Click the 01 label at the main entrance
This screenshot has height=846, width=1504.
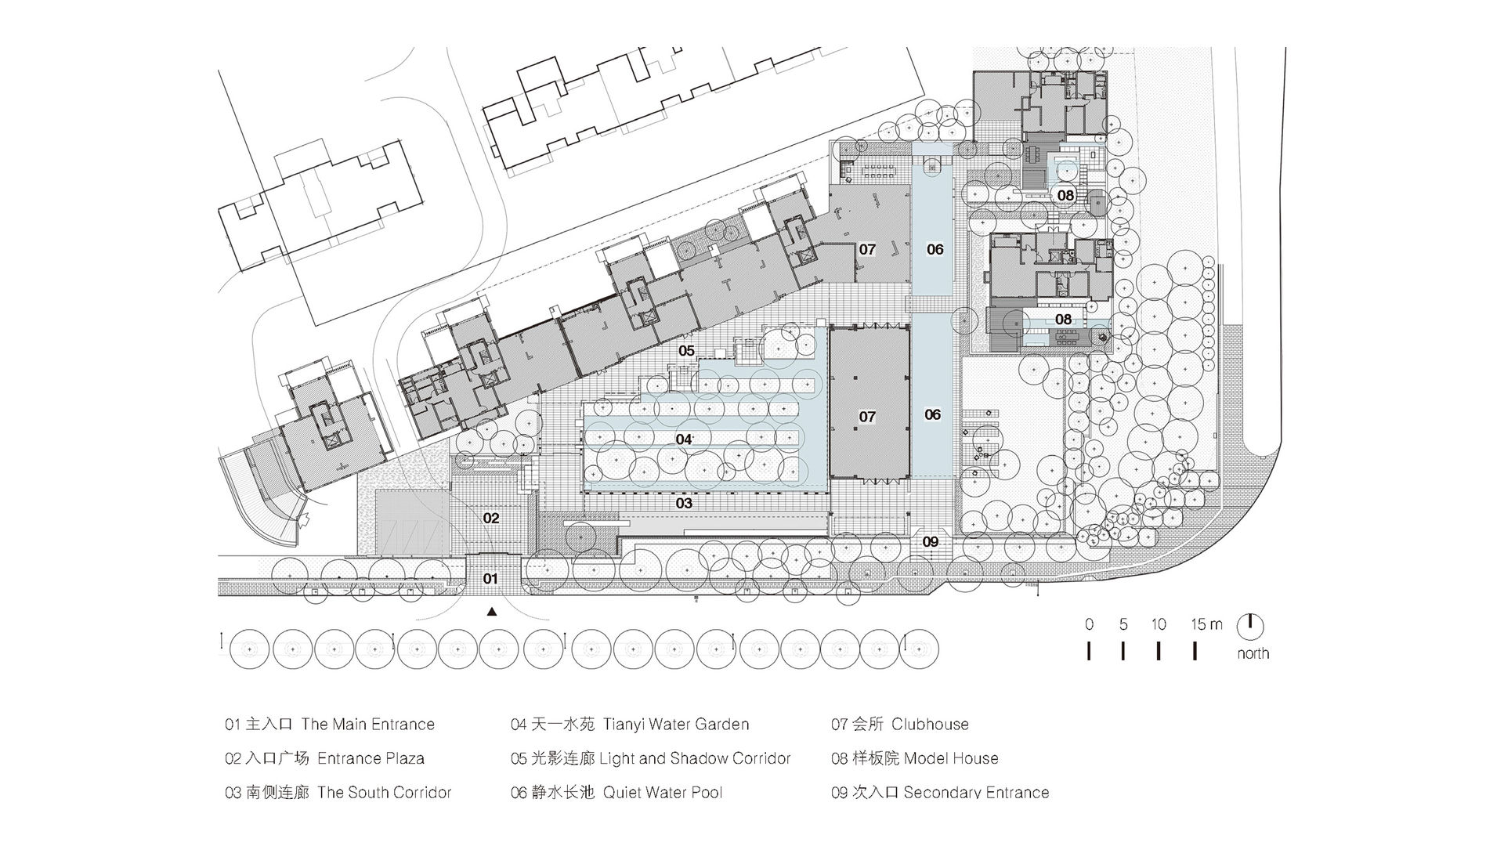point(490,579)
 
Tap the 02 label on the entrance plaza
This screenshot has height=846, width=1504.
point(491,518)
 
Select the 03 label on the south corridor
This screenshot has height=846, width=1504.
point(684,503)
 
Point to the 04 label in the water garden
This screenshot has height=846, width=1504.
point(684,439)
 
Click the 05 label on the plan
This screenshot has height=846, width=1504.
point(686,351)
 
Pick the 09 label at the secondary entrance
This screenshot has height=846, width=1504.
point(930,541)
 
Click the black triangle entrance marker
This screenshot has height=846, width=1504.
point(492,613)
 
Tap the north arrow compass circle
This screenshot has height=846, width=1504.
point(1250,625)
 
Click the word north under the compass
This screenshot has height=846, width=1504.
point(1253,653)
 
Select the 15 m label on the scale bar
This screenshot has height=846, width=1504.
point(1206,624)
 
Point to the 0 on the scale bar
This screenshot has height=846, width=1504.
point(1090,624)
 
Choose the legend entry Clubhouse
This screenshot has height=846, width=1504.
point(930,725)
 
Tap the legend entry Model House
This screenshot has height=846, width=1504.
point(951,758)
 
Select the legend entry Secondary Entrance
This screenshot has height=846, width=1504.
point(976,792)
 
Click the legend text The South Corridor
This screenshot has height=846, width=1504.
point(385,792)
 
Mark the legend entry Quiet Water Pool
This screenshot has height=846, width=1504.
point(663,792)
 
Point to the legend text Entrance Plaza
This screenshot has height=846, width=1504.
point(371,758)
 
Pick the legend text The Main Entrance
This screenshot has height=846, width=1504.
point(367,725)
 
